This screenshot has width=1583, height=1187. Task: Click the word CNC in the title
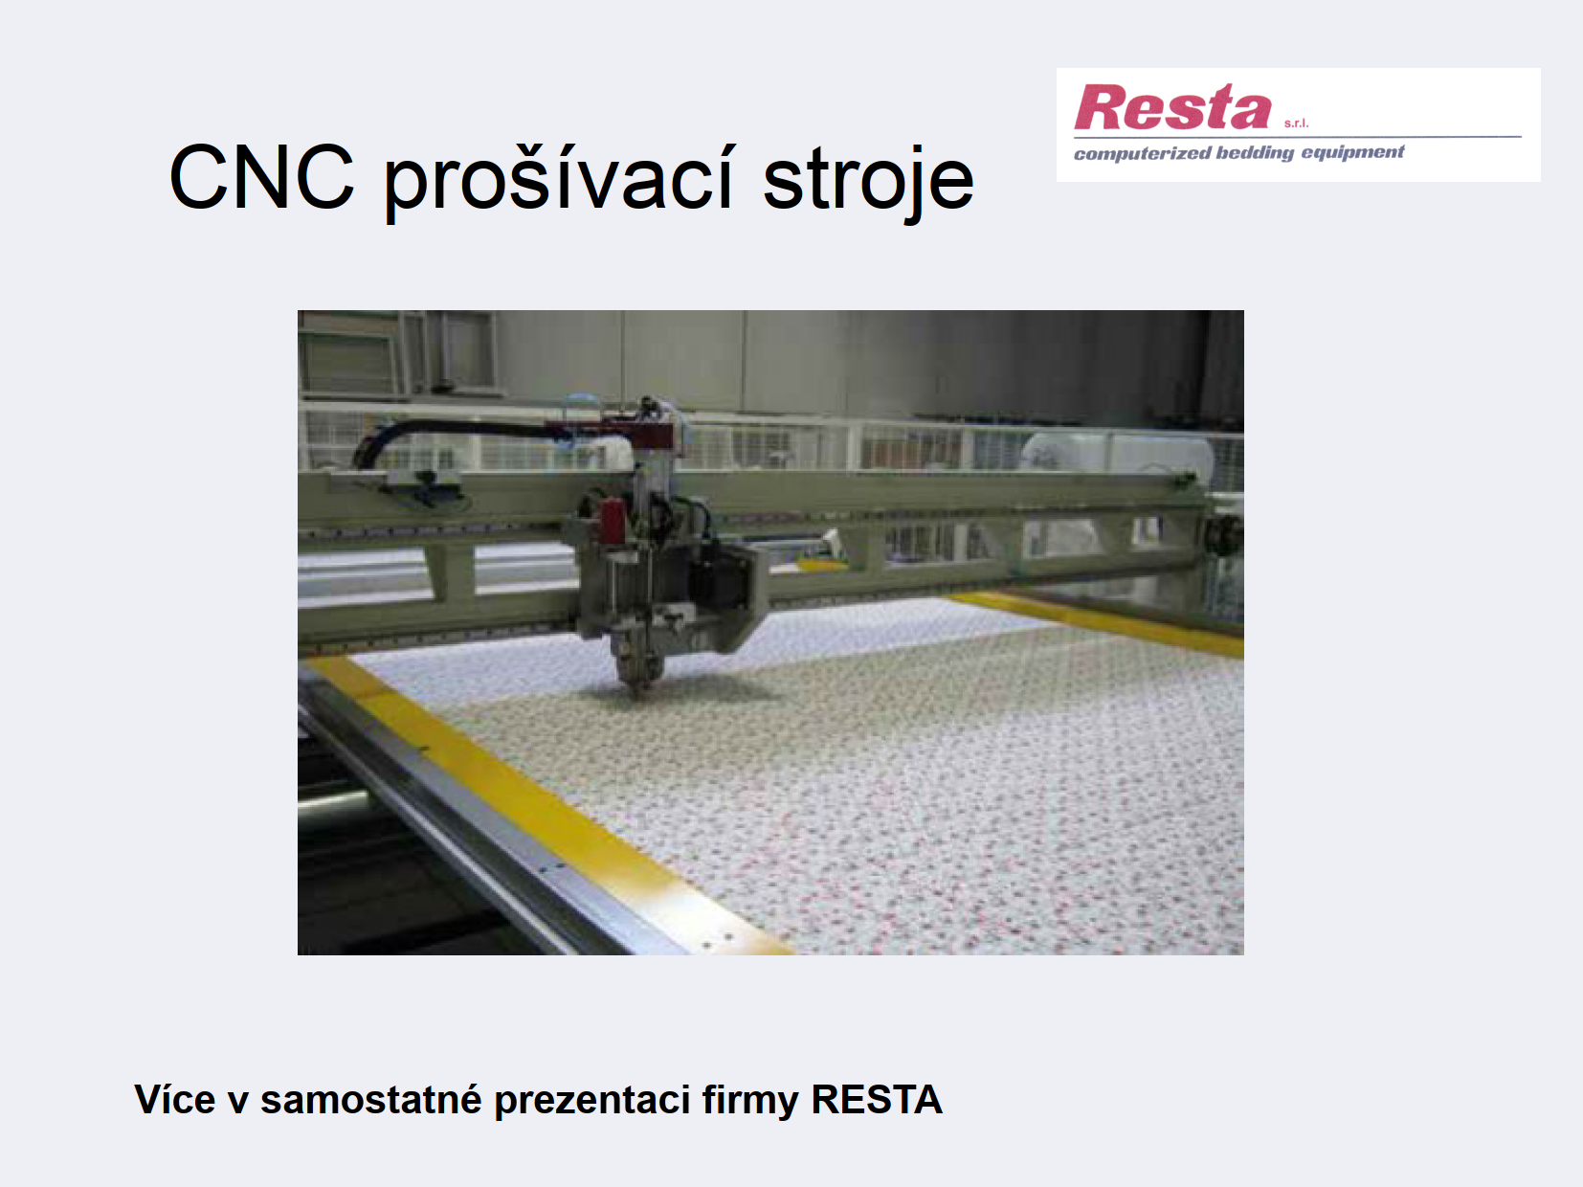coord(262,177)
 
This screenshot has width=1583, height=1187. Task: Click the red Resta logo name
coord(1172,106)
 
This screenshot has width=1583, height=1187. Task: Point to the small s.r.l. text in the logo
coord(1296,123)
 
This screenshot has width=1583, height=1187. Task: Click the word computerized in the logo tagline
coord(1143,153)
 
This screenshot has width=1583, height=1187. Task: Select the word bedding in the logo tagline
coord(1256,153)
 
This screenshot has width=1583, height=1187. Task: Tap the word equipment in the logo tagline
coord(1353,152)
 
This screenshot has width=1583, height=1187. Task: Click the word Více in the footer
coord(175,1100)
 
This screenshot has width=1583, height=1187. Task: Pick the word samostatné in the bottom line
coord(371,1100)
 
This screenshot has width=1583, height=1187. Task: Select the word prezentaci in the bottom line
coord(592,1101)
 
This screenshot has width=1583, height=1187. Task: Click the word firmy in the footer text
coord(750,1101)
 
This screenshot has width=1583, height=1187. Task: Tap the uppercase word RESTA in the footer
coord(877,1100)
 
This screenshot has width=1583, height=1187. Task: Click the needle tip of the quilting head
coord(636,694)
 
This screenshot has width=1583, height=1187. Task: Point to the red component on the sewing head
coord(613,521)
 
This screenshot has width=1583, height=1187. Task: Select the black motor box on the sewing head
coord(722,577)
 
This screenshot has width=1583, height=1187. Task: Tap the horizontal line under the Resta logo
coord(1298,136)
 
